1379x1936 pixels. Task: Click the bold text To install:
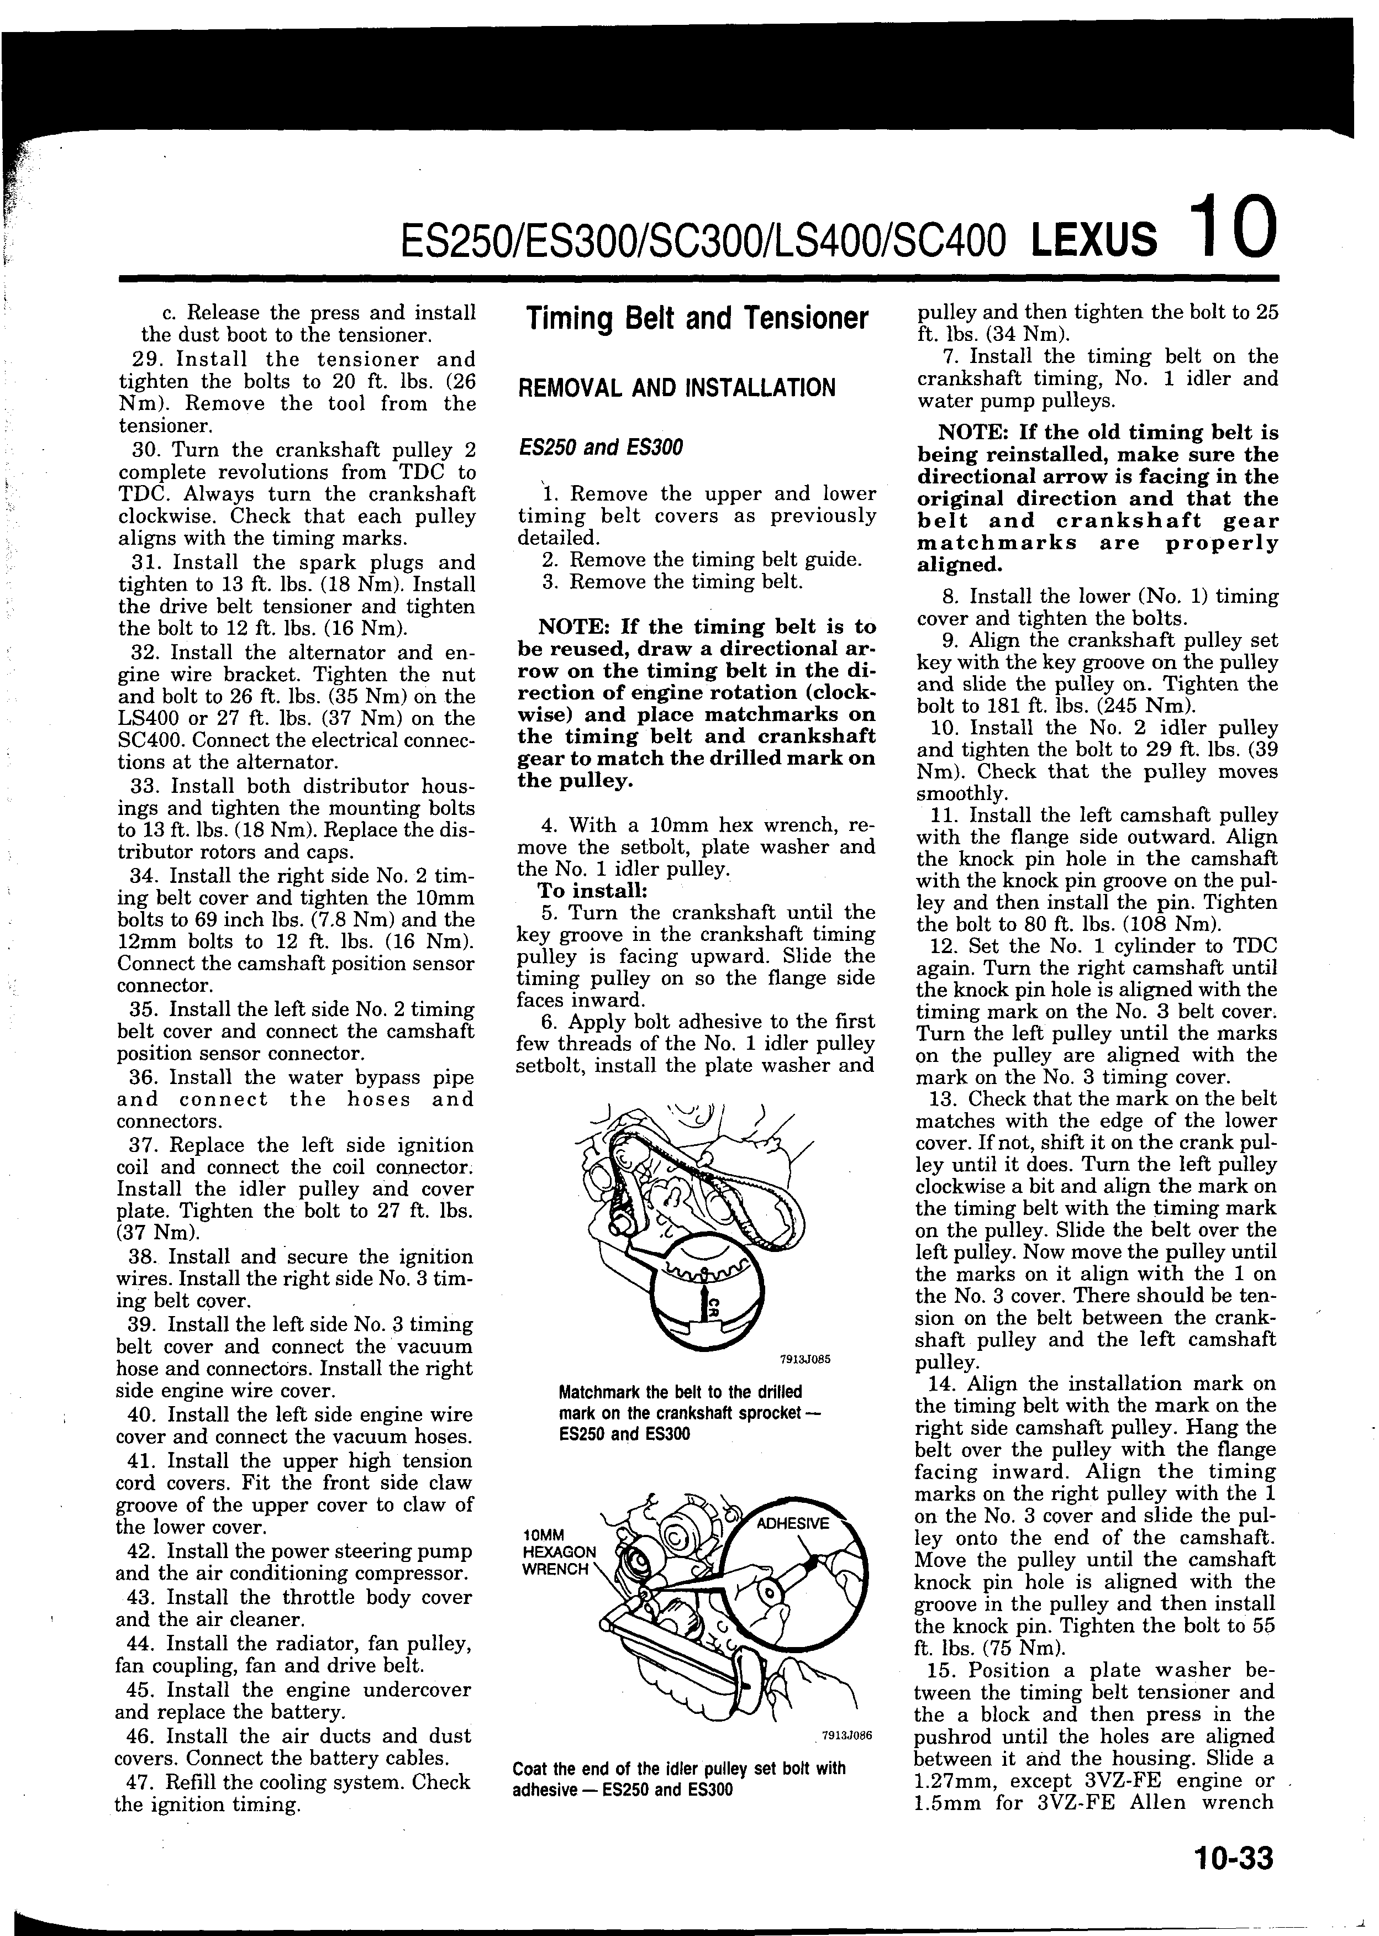pos(592,891)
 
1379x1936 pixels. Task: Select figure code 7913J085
pos(804,1358)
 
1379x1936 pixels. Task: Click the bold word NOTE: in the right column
pos(976,433)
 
